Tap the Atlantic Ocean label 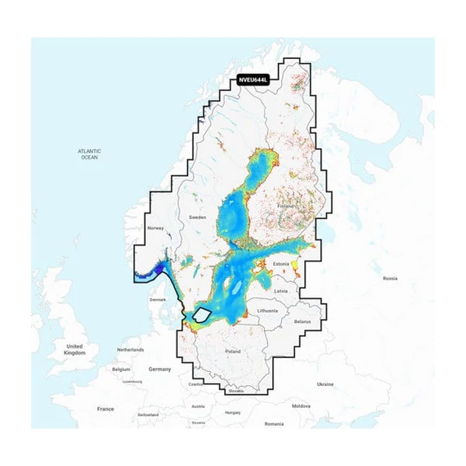pos(89,155)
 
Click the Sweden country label pos(198,217)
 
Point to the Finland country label pos(285,206)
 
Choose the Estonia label pos(285,264)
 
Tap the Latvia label pos(280,290)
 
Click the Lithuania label pos(267,311)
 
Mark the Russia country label pos(391,279)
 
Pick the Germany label pos(160,370)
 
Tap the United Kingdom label pos(74,349)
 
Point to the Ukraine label pos(325,383)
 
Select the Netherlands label pos(131,350)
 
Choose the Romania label pos(274,424)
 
